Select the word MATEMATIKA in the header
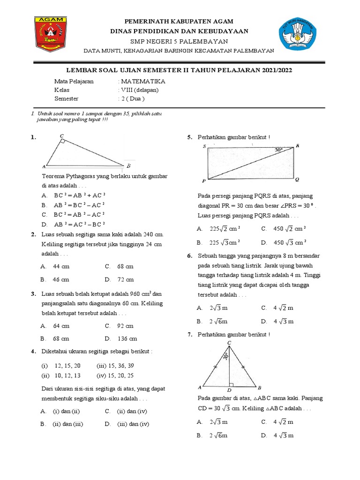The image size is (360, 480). point(143,81)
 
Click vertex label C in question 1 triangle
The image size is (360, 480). point(62,136)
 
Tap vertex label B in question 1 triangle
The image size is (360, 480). point(128,166)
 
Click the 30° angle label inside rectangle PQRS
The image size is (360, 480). point(279,150)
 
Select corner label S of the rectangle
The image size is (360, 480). point(205,146)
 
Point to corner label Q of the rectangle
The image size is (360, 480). point(297,180)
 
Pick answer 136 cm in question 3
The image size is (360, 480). point(127,338)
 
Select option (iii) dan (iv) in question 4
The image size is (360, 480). point(133,424)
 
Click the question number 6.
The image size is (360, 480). point(189,256)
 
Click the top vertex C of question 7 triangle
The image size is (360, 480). point(229,343)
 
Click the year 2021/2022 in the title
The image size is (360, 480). point(276,70)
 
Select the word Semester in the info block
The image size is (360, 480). point(66,99)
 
